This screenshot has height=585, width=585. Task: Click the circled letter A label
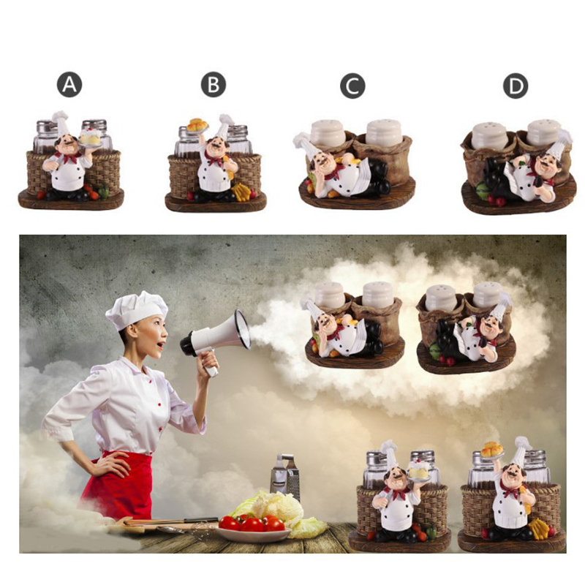point(69,85)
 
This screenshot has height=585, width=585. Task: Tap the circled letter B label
point(214,85)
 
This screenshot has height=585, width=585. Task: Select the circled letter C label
point(352,86)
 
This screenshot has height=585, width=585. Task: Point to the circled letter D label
point(516,86)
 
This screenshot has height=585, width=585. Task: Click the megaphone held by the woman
point(216,339)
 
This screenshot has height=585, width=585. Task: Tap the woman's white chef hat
point(137,310)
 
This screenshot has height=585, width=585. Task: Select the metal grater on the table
point(285,478)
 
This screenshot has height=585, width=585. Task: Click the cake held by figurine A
point(90,137)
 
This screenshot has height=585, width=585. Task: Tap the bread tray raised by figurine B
point(197,126)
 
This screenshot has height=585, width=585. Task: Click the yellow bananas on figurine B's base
point(241,191)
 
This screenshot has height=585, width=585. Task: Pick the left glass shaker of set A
point(45,136)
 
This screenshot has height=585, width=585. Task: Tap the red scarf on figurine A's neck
point(68,157)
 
